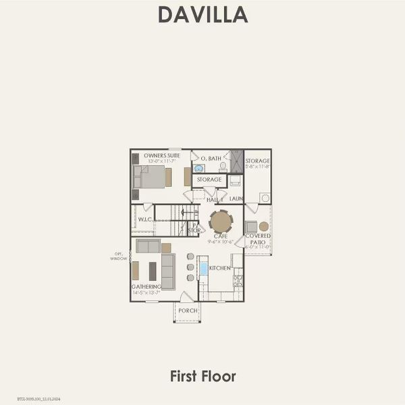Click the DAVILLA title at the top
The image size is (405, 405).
point(202,14)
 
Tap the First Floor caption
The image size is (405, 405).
point(202,375)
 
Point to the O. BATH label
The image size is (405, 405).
point(211,158)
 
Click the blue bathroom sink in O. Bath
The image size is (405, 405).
point(199,169)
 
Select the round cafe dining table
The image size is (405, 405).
point(221,221)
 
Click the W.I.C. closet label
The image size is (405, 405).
point(144,219)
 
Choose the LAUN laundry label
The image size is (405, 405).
point(236,199)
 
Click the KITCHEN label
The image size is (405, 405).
point(220,268)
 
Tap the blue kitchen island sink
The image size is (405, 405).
point(203,268)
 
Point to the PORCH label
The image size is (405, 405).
point(188,310)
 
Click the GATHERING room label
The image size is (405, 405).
point(146,286)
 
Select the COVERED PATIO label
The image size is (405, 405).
point(258,238)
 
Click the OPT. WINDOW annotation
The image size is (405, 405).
point(119,256)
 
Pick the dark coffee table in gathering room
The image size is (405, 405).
point(152,271)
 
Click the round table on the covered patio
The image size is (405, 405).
point(264,226)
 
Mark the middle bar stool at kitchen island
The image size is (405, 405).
point(190,267)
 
